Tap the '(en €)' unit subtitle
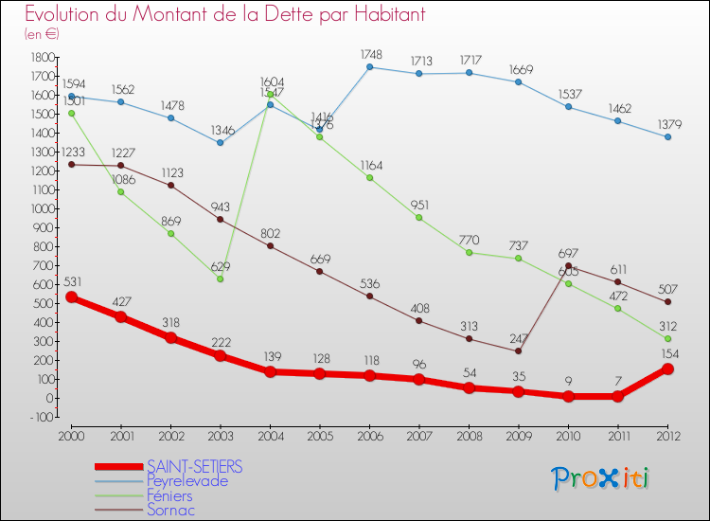click(x=44, y=34)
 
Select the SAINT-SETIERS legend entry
click(x=194, y=466)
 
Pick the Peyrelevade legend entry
click(x=186, y=480)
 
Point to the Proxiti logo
click(x=601, y=478)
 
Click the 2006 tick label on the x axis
click(x=369, y=435)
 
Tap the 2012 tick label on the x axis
click(x=667, y=435)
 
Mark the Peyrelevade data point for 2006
click(x=369, y=67)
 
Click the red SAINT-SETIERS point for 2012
click(x=667, y=368)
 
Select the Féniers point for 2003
click(x=220, y=278)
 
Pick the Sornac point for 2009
click(x=518, y=351)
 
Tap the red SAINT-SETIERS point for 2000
click(x=71, y=297)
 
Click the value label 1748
click(x=369, y=53)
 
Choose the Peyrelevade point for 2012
click(x=667, y=136)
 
